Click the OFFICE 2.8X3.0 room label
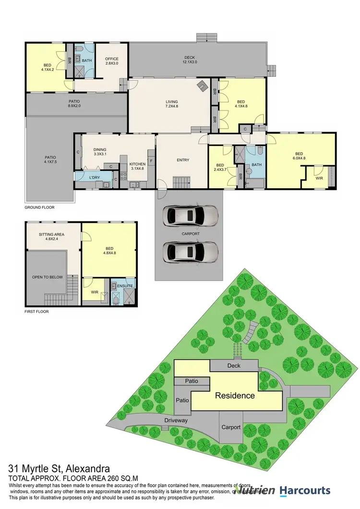coord(111,61)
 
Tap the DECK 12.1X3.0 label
coord(190,59)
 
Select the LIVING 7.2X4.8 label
coord(171,104)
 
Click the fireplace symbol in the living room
coord(204,86)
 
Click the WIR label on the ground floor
coord(319,178)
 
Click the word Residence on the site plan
coord(234,396)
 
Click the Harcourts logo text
coord(306,490)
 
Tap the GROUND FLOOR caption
coord(40,207)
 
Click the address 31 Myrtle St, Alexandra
coord(60,468)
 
